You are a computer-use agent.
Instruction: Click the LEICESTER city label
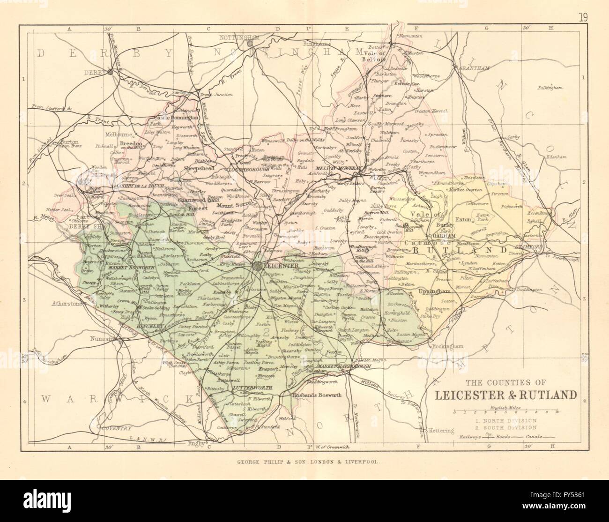click(x=282, y=266)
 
